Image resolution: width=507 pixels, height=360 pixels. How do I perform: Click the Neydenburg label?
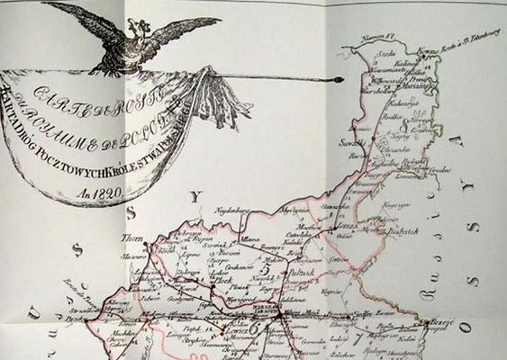231,211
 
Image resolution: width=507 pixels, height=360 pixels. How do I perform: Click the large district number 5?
265,266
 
